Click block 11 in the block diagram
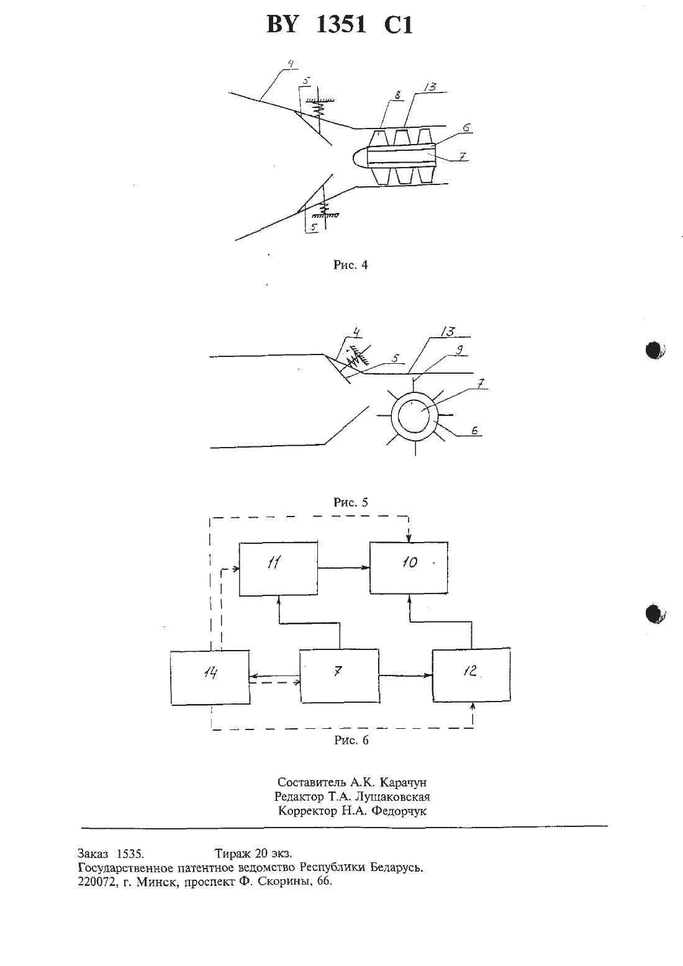pos(279,569)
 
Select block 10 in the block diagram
pos(409,568)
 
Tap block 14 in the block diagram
pos(210,677)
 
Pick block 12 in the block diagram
pos(472,675)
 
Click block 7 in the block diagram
pos(340,676)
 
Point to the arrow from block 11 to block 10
pos(343,568)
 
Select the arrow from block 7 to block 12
pos(406,675)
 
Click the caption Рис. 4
pos(351,265)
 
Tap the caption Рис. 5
pos(351,502)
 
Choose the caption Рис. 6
pos(351,740)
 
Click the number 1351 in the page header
pos(341,24)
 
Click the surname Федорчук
pos(399,811)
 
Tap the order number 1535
pos(130,854)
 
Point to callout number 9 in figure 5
pos(459,350)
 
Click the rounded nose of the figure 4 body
pos(359,156)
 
